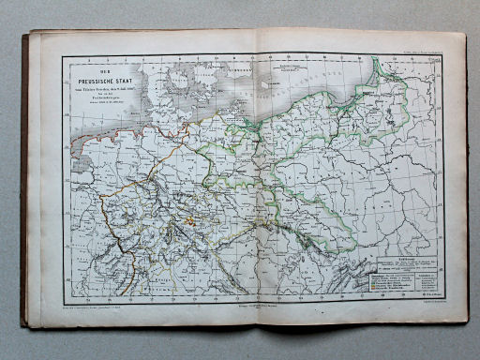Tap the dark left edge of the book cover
(x=25, y=178)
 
